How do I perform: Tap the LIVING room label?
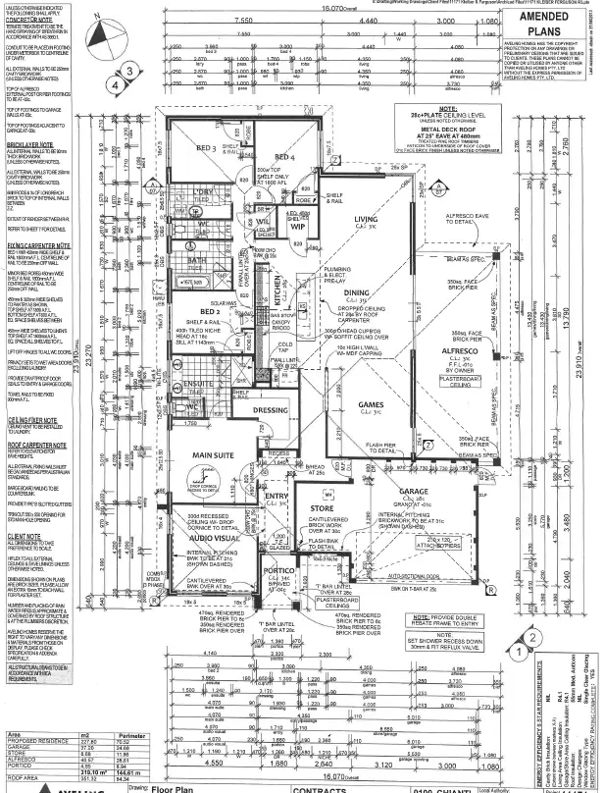[x=366, y=219]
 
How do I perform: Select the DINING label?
[x=357, y=292]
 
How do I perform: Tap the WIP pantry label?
[x=298, y=226]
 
